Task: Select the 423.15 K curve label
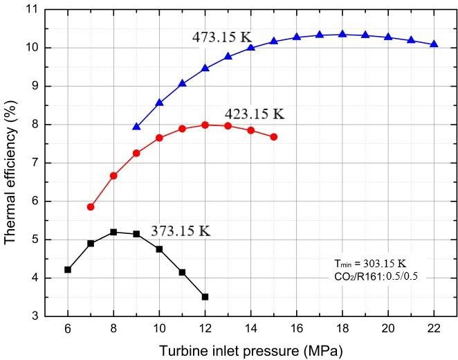click(254, 113)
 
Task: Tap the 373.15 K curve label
click(180, 231)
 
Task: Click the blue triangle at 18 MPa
click(342, 34)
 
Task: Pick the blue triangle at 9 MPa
click(136, 127)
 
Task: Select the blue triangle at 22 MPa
click(434, 44)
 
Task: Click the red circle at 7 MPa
click(91, 207)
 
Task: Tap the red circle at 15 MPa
click(274, 137)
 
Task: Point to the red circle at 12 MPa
click(205, 125)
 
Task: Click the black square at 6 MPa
click(68, 269)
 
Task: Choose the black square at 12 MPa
click(205, 297)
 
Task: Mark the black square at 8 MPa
click(113, 232)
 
